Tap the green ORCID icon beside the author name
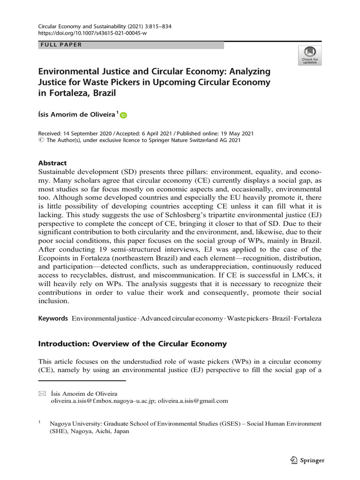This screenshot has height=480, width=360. pos(124,115)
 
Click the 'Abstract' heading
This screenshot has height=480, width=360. pos(52,163)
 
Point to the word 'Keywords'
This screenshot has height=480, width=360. pos(52,318)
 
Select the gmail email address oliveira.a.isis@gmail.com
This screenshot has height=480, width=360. pos(193,401)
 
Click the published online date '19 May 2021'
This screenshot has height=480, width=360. pos(254,133)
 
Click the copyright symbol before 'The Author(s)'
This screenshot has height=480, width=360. pos(40,140)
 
